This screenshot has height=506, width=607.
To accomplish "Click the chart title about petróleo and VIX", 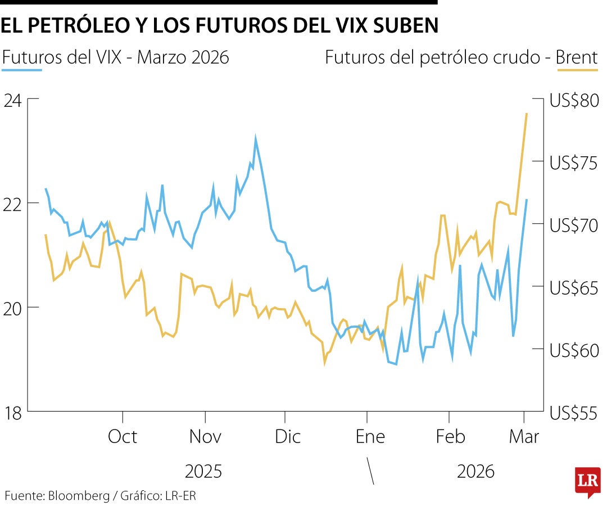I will (219, 26).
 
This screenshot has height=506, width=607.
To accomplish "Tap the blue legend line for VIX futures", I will (22, 70).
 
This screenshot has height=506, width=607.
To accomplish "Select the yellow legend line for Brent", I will (578, 70).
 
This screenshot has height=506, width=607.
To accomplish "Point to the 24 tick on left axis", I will (13, 101).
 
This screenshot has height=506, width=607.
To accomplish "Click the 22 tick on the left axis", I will (13, 204).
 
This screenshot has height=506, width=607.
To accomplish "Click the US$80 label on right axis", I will (574, 102).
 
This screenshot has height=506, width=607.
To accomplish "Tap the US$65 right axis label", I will (574, 287).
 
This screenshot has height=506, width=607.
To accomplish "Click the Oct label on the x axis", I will (122, 437).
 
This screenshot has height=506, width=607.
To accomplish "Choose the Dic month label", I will (288, 437).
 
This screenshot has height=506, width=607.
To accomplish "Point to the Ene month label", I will (370, 437).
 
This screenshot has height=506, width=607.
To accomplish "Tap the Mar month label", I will (524, 437).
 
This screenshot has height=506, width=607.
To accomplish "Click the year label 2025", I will (203, 471).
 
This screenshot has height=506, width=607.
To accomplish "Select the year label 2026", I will (475, 471).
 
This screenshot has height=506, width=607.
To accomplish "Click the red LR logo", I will (587, 481).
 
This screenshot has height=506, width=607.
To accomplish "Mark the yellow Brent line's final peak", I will (526, 114).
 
